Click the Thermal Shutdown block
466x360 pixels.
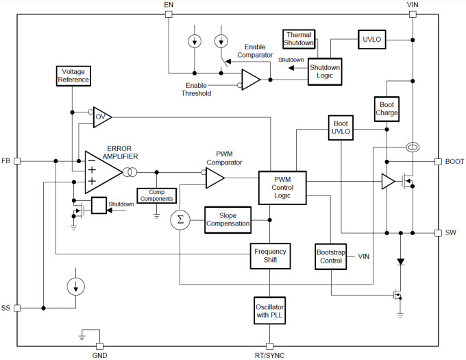tap(299, 39)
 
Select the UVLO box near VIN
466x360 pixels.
tap(372, 39)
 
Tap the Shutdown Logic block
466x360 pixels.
tap(325, 71)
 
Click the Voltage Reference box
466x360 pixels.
tap(73, 76)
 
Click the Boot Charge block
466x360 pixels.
tap(387, 109)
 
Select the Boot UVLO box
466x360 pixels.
tap(341, 128)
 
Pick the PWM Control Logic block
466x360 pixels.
tap(282, 188)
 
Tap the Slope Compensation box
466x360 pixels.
tap(228, 219)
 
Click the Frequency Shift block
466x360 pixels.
tap(270, 256)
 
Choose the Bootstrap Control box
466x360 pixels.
tap(330, 256)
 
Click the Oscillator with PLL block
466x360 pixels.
tap(269, 311)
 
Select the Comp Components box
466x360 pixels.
tap(157, 195)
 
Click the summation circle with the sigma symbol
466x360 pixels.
tap(180, 220)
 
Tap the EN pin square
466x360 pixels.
tap(169, 14)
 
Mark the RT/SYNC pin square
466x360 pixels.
tap(269, 346)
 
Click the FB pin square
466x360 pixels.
tap(17, 161)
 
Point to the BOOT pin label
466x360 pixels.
tap(454, 161)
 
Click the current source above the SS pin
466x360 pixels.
tap(76, 287)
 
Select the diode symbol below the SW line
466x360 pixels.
tap(401, 262)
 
